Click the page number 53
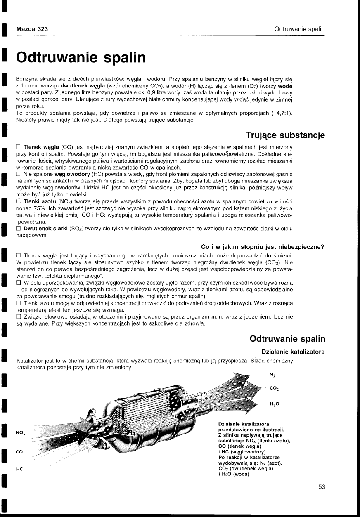coord(322,487)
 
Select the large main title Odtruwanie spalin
coord(81,57)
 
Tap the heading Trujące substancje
coord(285,135)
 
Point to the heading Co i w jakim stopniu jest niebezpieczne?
coord(263,247)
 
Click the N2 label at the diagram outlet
coord(272,375)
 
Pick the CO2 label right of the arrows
coord(273,388)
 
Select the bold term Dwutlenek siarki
coord(45,228)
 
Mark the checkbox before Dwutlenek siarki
coord(18,228)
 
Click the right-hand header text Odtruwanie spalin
coord(299,29)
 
